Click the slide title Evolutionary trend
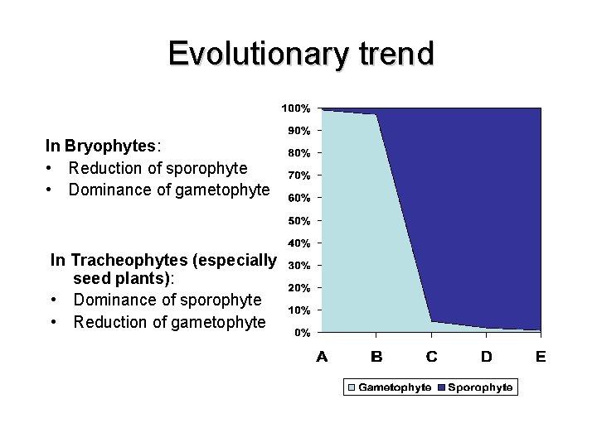click(x=300, y=54)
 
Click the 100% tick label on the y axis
click(x=295, y=108)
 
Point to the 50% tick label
click(x=298, y=221)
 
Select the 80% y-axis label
click(x=298, y=153)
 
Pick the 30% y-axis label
click(x=298, y=266)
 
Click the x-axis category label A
click(x=322, y=357)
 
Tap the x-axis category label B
click(x=376, y=357)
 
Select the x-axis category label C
click(x=431, y=357)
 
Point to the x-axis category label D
click(x=486, y=357)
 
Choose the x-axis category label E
click(x=541, y=357)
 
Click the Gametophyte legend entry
click(x=394, y=387)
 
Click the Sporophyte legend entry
click(x=480, y=387)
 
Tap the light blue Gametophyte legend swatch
click(x=352, y=387)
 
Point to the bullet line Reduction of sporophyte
click(x=158, y=168)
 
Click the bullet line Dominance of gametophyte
click(x=169, y=190)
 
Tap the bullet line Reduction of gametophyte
click(x=169, y=322)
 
